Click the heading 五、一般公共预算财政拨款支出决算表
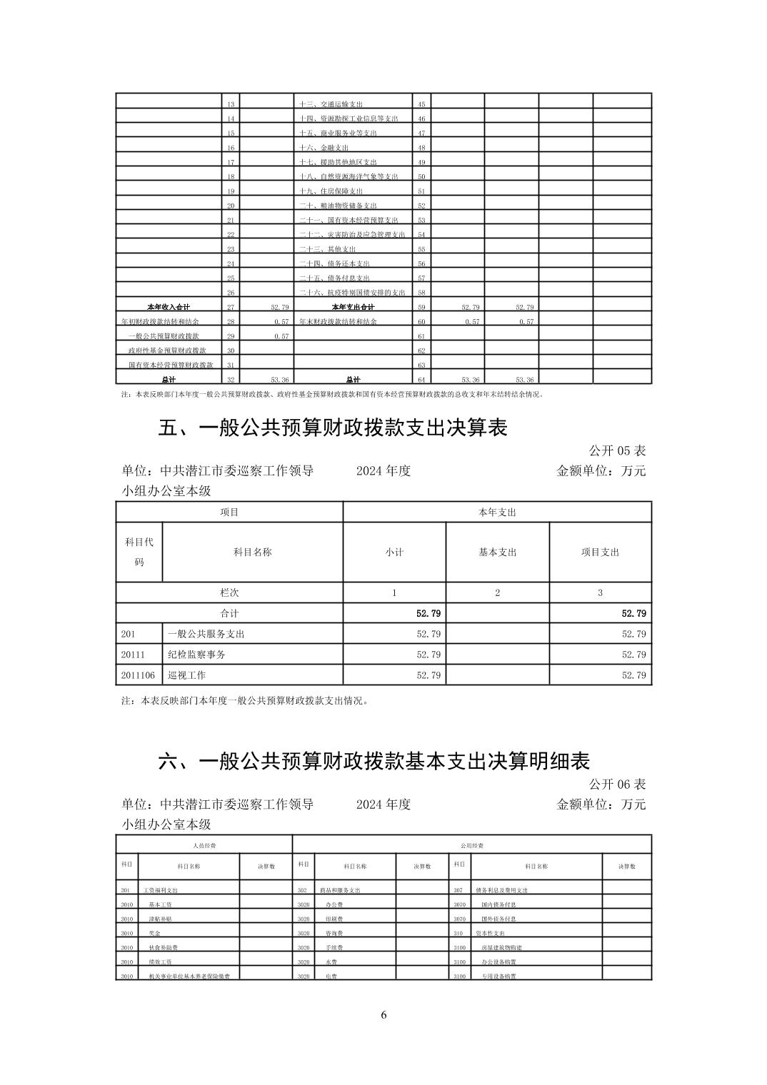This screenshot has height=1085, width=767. pos(332,428)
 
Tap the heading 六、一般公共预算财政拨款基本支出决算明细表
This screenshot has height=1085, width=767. pos(374,761)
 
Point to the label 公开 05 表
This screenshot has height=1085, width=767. pos(617,450)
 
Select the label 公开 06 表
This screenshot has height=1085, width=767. pos(617,784)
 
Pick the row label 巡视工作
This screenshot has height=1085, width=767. pos(186,675)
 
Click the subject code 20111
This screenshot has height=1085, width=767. pos(133,654)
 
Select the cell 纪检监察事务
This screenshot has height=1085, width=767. pos(196,654)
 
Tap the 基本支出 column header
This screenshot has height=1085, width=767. pos(497,552)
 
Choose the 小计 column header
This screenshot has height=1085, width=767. pos(394,552)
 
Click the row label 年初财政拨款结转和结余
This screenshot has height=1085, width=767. pos(160,321)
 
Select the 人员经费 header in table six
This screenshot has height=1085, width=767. pos(204,845)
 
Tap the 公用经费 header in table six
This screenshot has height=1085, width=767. pos(471,845)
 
